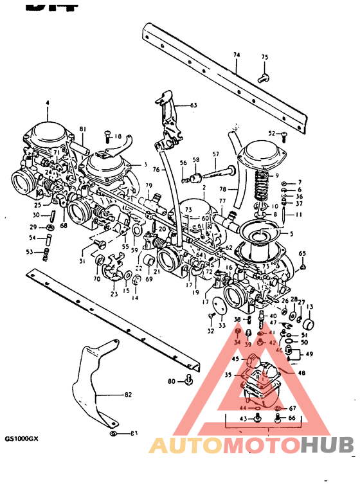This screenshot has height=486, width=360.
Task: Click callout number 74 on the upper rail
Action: click(236, 57)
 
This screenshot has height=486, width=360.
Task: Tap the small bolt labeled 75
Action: click(261, 78)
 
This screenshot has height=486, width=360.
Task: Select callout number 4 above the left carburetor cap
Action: click(47, 103)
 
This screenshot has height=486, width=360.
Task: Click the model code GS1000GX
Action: click(21, 439)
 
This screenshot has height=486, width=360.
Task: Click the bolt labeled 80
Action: click(188, 381)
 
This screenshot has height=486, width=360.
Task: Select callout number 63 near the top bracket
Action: click(193, 105)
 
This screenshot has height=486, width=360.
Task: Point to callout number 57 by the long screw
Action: click(215, 154)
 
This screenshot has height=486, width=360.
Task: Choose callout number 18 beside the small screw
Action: click(118, 136)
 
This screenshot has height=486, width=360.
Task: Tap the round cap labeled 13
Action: click(309, 323)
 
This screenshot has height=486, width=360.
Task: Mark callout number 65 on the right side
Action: click(302, 254)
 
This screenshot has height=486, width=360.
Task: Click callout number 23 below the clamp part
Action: click(114, 294)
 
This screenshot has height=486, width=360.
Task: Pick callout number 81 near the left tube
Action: click(82, 129)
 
